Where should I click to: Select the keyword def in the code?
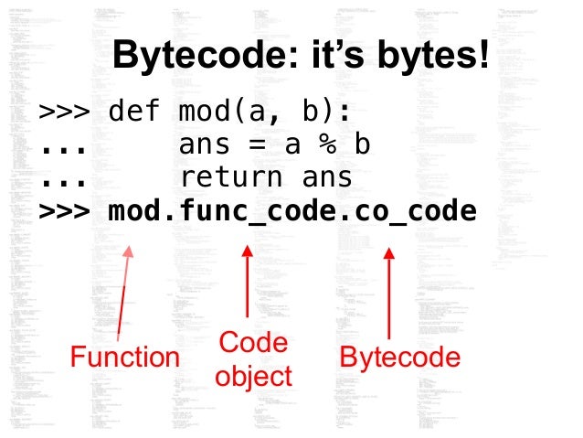point(133,113)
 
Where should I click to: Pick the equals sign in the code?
point(260,145)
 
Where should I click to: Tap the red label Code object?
point(253,359)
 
